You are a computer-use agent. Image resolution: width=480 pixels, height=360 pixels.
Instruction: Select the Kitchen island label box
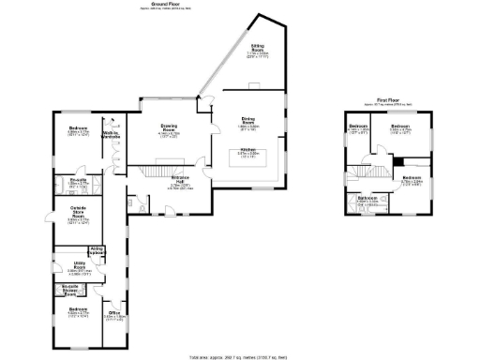coord(247,155)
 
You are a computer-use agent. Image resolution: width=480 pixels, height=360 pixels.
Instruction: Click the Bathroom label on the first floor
coord(367,199)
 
